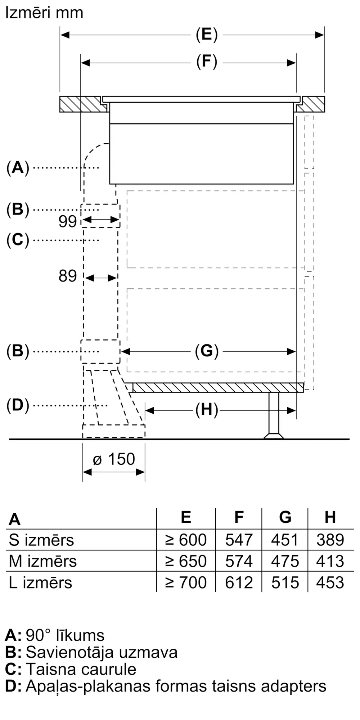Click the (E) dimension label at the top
[x=207, y=35]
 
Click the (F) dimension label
[x=207, y=62]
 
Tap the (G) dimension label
[x=207, y=351]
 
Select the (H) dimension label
[x=207, y=410]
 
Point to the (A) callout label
[x=18, y=168]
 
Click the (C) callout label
[x=18, y=240]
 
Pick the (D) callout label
[x=18, y=405]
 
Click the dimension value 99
[x=68, y=221]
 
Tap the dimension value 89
[x=68, y=276]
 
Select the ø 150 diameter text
[x=114, y=459]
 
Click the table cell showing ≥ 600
[x=186, y=540]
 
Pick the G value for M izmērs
[x=285, y=561]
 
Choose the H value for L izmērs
[x=330, y=582]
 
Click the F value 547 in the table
[x=239, y=540]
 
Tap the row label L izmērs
[x=40, y=582]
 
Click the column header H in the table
[x=330, y=517]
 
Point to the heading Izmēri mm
[x=44, y=13]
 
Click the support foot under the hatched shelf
[x=274, y=415]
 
